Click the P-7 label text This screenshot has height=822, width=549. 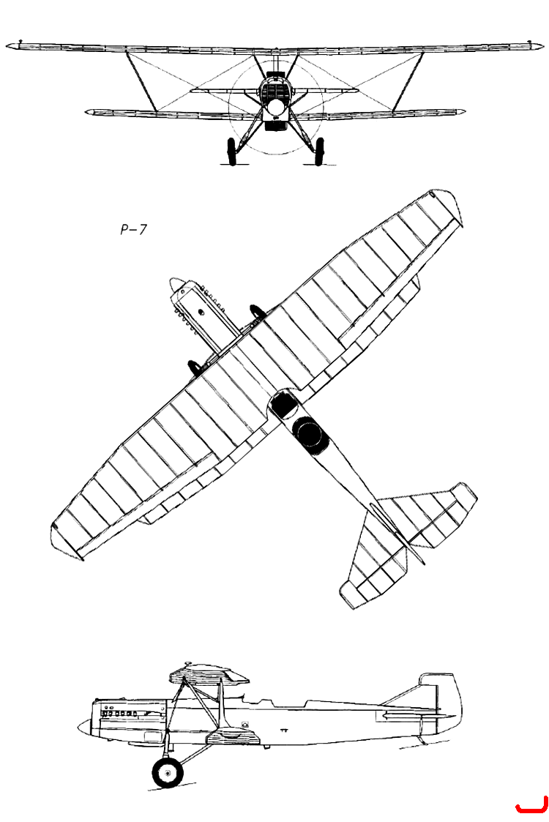click(x=134, y=230)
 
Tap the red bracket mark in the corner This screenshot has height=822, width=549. click(x=531, y=808)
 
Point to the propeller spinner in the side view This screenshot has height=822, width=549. click(x=84, y=727)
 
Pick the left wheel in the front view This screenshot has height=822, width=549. click(x=231, y=151)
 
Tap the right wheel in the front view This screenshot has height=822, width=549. click(x=319, y=151)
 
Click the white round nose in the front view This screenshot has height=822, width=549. click(x=275, y=108)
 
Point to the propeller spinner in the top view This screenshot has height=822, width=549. click(x=176, y=285)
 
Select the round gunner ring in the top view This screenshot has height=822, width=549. click(x=307, y=433)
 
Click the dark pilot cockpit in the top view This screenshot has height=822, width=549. click(x=283, y=403)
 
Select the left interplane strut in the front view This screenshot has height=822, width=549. click(x=141, y=81)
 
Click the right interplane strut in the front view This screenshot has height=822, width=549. click(x=408, y=81)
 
